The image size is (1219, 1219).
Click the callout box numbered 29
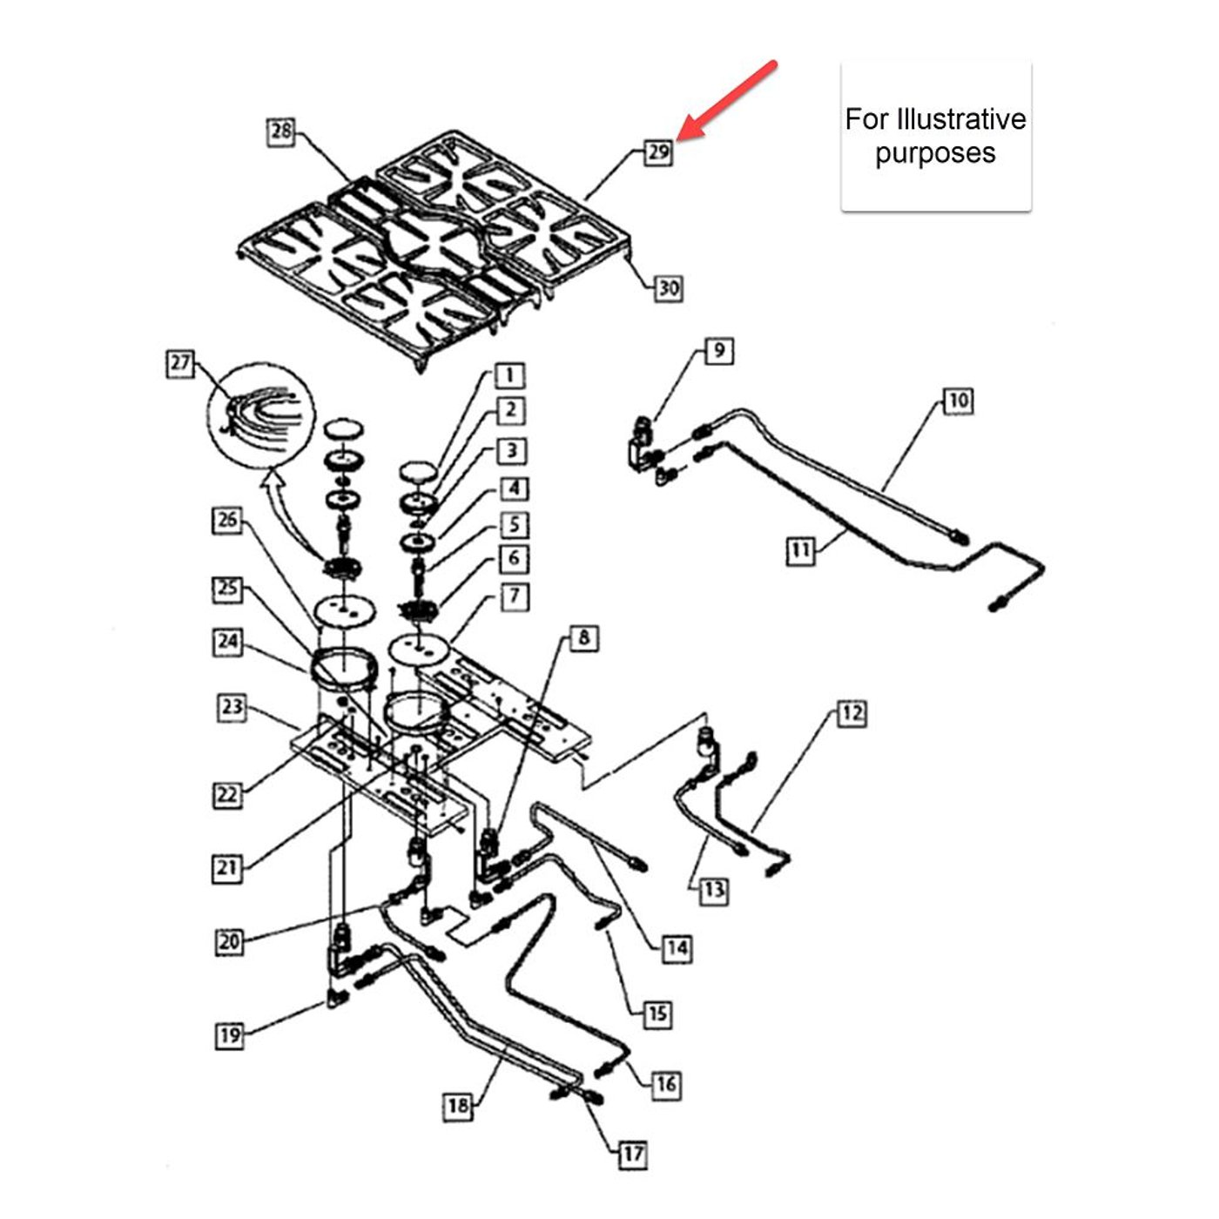click(x=658, y=152)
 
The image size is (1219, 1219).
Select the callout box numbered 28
click(x=280, y=132)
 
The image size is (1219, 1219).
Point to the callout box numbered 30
click(x=668, y=288)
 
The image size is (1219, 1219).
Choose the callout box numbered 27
click(x=180, y=363)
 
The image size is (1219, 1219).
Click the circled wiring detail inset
click(x=260, y=415)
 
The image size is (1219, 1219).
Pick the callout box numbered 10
click(x=958, y=401)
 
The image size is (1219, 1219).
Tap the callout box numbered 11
click(x=800, y=550)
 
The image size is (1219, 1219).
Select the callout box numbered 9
click(x=718, y=351)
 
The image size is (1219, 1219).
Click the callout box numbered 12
click(x=852, y=714)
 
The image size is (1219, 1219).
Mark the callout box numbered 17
click(x=632, y=1155)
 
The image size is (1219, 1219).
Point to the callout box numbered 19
click(x=230, y=1035)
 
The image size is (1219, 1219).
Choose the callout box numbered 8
click(x=583, y=638)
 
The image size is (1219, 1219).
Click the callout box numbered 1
click(x=509, y=376)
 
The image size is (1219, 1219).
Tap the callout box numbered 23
click(x=232, y=707)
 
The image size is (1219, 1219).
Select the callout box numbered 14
click(x=677, y=948)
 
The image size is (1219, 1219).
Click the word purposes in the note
click(x=935, y=153)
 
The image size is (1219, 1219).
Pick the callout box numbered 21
click(x=227, y=868)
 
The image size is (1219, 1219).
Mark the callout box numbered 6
click(x=514, y=559)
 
